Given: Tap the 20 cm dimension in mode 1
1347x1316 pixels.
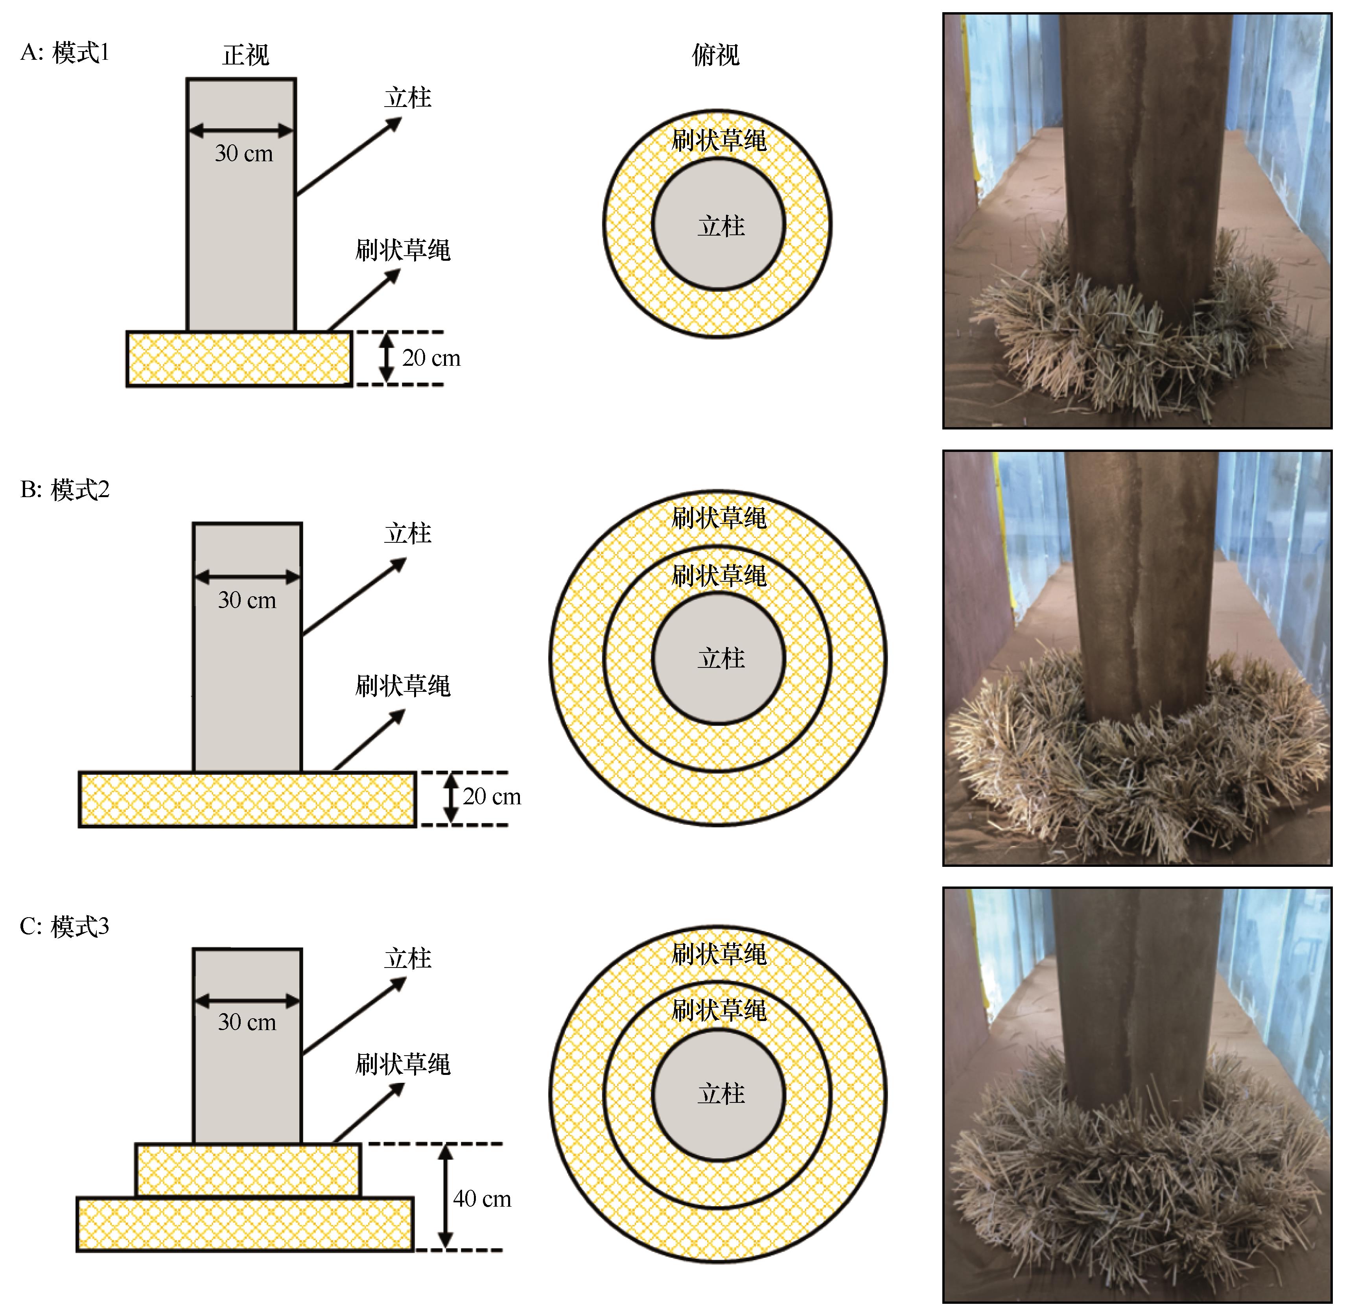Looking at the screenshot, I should [431, 358].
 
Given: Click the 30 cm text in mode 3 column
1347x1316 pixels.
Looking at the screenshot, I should [247, 1022].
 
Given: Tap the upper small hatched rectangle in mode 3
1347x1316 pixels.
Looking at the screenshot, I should [248, 1170].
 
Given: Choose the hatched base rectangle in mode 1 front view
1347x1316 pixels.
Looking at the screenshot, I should [239, 359].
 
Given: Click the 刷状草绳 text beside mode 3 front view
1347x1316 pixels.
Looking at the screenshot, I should [403, 1064].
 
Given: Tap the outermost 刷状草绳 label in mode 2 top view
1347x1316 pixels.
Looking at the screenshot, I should [719, 518].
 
